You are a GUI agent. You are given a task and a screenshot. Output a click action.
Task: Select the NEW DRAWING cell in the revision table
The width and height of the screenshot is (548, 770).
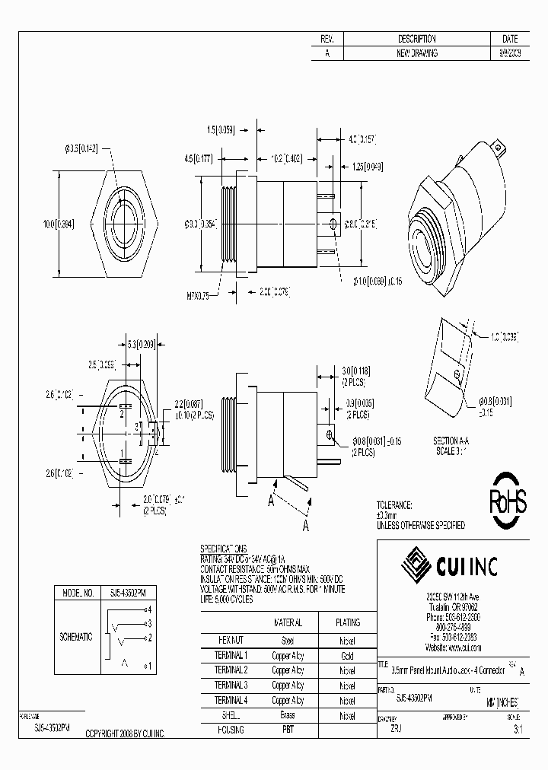coord(416,53)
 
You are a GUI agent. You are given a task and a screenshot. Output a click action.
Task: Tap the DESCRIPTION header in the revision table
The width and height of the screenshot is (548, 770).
coord(416,39)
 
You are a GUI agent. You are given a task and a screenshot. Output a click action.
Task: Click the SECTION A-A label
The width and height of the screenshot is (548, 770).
coord(454,441)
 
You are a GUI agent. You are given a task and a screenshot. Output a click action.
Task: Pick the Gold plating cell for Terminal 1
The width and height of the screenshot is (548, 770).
coord(346,655)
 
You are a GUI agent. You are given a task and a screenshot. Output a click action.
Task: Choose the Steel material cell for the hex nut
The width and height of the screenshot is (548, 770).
coord(287,640)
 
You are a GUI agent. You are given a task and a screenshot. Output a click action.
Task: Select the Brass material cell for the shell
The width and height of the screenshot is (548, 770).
coord(287,715)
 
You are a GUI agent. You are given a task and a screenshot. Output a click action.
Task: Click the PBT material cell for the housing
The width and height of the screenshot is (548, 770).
coord(287,730)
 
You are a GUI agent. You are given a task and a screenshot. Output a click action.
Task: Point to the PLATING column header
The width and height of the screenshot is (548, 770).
coord(346,622)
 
